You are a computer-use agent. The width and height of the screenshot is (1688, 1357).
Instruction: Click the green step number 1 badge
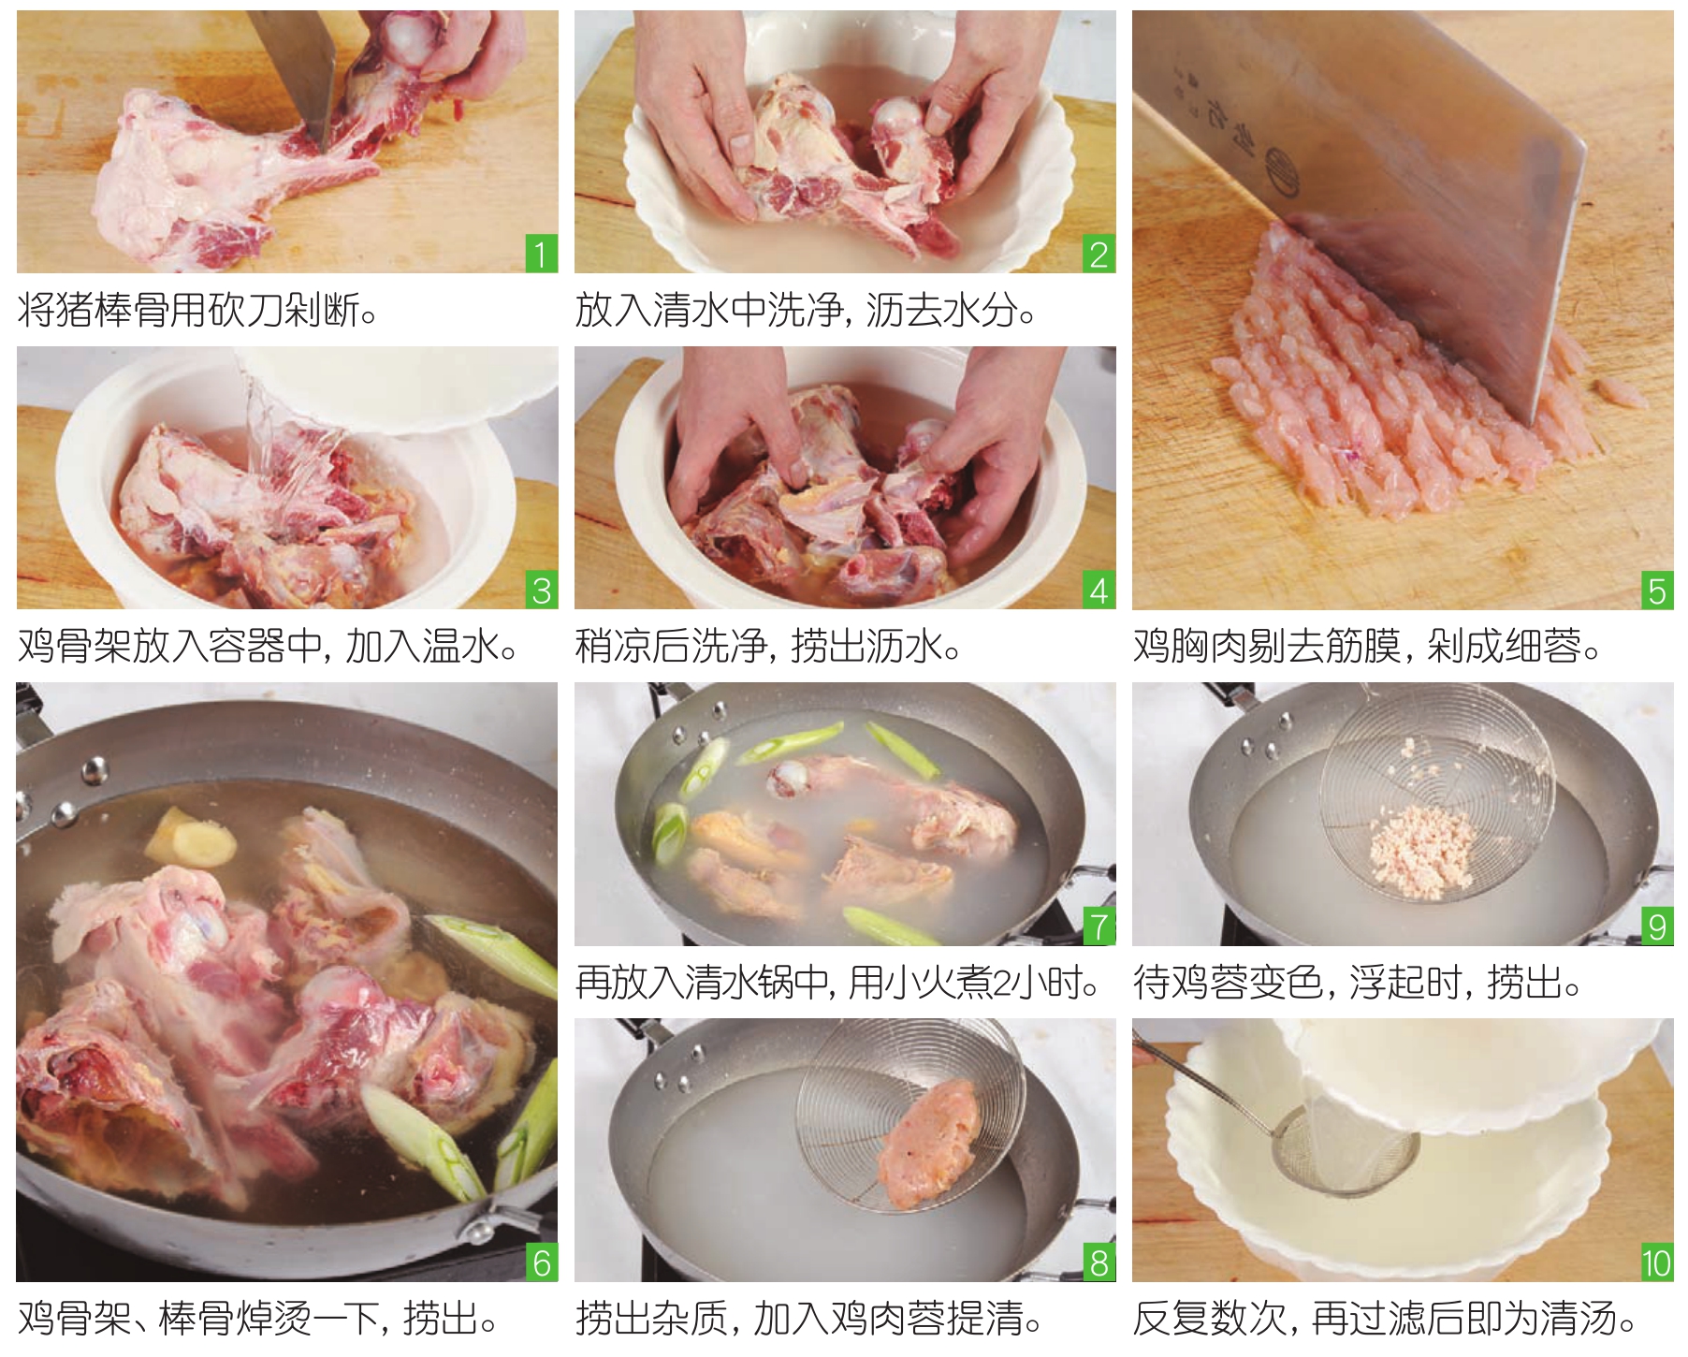click(541, 254)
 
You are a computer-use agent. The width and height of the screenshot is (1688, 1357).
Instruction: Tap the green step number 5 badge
click(1657, 591)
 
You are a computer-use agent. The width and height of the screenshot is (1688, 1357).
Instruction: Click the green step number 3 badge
click(541, 591)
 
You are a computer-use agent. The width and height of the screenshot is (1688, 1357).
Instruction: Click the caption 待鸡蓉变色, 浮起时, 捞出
click(1357, 982)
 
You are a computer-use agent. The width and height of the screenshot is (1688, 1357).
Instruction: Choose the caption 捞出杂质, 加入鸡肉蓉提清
click(809, 1318)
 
